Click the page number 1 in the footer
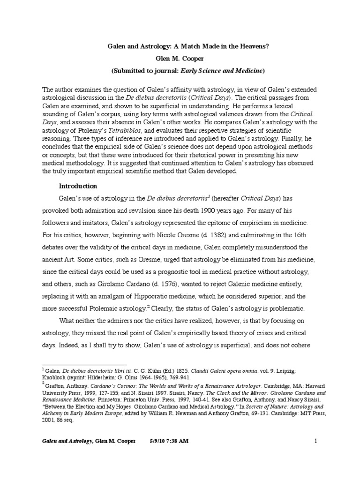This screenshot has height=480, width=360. pos(316,454)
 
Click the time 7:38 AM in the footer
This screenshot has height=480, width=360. pos(184,454)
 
